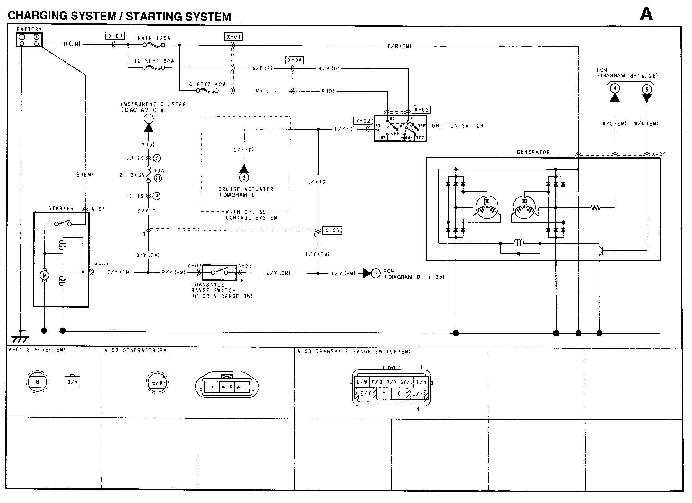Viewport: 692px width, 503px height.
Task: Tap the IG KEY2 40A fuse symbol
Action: [x=207, y=91]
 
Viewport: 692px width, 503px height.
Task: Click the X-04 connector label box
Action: [x=294, y=60]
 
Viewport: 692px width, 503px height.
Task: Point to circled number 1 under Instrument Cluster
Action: [x=149, y=119]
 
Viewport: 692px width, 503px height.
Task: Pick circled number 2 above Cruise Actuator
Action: [x=244, y=178]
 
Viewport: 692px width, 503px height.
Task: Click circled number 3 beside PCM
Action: [x=376, y=274]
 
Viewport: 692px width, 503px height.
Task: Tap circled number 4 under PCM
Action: [x=615, y=88]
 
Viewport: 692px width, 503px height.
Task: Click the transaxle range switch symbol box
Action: [x=219, y=273]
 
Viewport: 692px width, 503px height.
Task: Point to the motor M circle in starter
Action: [x=44, y=275]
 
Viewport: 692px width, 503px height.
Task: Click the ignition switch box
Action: [x=400, y=128]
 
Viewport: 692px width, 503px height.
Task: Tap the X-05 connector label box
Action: [x=332, y=230]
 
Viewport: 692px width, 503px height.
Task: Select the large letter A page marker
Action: [x=646, y=15]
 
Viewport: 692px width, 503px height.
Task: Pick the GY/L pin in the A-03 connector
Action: [x=406, y=382]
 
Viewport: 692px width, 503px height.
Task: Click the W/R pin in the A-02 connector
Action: [x=227, y=387]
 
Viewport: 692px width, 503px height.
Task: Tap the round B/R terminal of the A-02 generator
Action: [x=157, y=382]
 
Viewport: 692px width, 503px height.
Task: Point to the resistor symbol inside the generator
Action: [x=595, y=208]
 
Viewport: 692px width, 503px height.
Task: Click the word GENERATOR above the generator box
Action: [x=533, y=152]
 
